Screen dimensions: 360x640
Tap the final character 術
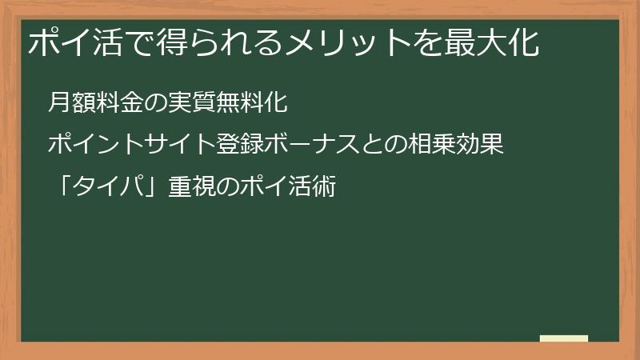pos(323,189)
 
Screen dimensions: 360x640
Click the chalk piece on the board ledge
pos(563,338)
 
